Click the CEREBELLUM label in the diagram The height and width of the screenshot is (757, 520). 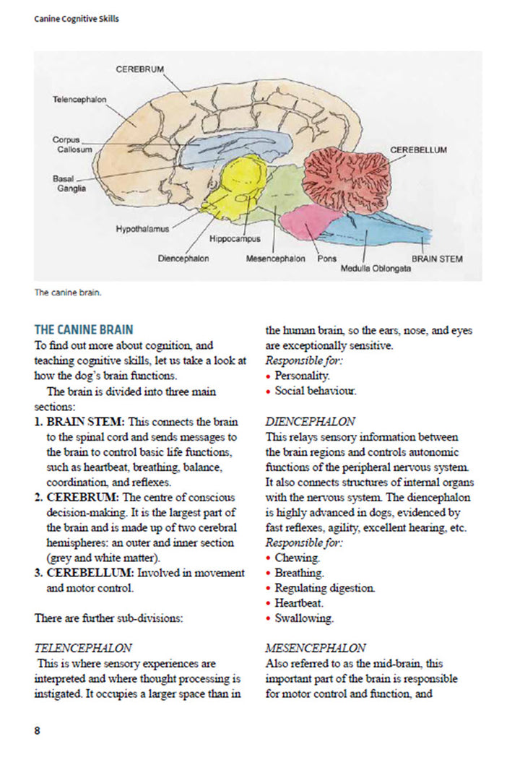418,150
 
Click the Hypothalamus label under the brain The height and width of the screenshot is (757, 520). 142,229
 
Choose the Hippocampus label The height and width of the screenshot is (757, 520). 235,238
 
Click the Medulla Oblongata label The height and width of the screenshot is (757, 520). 376,268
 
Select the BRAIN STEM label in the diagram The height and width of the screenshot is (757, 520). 437,258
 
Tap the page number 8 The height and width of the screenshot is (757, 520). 38,730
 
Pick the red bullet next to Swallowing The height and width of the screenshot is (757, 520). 269,619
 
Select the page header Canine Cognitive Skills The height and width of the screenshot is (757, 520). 77,19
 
